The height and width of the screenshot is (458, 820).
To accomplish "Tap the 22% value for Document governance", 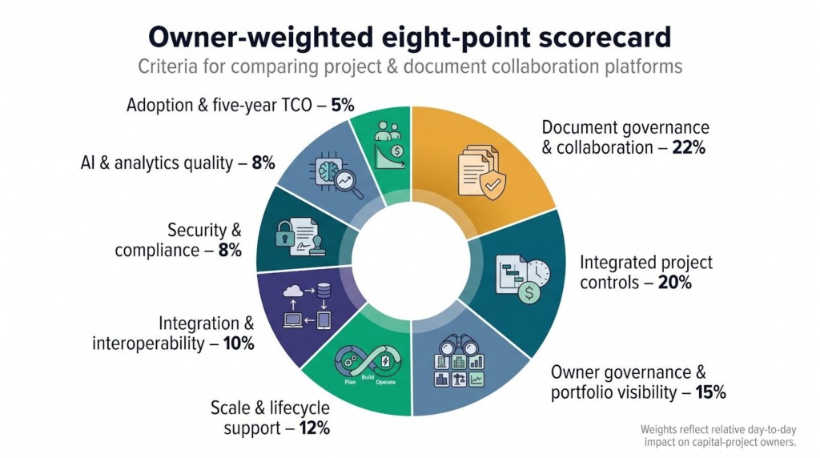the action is pos(689,147).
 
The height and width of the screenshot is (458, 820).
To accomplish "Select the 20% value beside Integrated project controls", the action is pos(674,283).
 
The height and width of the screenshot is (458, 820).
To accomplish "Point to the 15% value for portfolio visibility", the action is pos(710,392).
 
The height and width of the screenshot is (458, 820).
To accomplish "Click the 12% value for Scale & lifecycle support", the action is pos(314,428).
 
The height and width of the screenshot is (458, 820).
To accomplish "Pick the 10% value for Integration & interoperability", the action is pos(239,343).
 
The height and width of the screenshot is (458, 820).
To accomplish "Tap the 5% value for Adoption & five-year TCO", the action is pos(343,105).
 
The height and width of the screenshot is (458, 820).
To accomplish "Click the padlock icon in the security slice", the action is pos(285,233).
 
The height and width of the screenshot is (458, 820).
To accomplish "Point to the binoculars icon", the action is pos(458,345).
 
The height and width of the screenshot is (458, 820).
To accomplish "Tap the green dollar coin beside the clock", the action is pos(529,293).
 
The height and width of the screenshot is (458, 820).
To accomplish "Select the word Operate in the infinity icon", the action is pos(386,382).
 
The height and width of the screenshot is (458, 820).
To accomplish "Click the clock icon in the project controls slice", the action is pos(538,272).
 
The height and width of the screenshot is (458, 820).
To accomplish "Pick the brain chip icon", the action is pos(328,171).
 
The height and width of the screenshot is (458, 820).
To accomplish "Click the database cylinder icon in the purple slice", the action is pos(324,289).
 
